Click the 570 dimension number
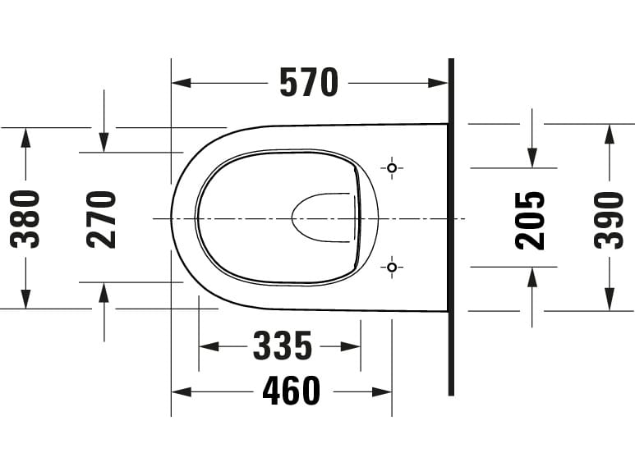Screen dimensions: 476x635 309,83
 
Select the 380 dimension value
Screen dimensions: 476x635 25,218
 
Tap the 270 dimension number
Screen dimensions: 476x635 103,219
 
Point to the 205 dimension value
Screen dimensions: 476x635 531,219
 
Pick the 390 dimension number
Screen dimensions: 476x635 609,219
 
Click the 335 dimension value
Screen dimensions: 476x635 282,346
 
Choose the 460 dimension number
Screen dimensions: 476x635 292,391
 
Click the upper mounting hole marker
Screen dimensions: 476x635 392,168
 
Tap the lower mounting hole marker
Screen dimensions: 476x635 392,267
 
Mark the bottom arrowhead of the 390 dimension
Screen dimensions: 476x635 609,301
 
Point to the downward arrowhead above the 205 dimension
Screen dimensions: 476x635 532,158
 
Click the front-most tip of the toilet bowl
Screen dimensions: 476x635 172,218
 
